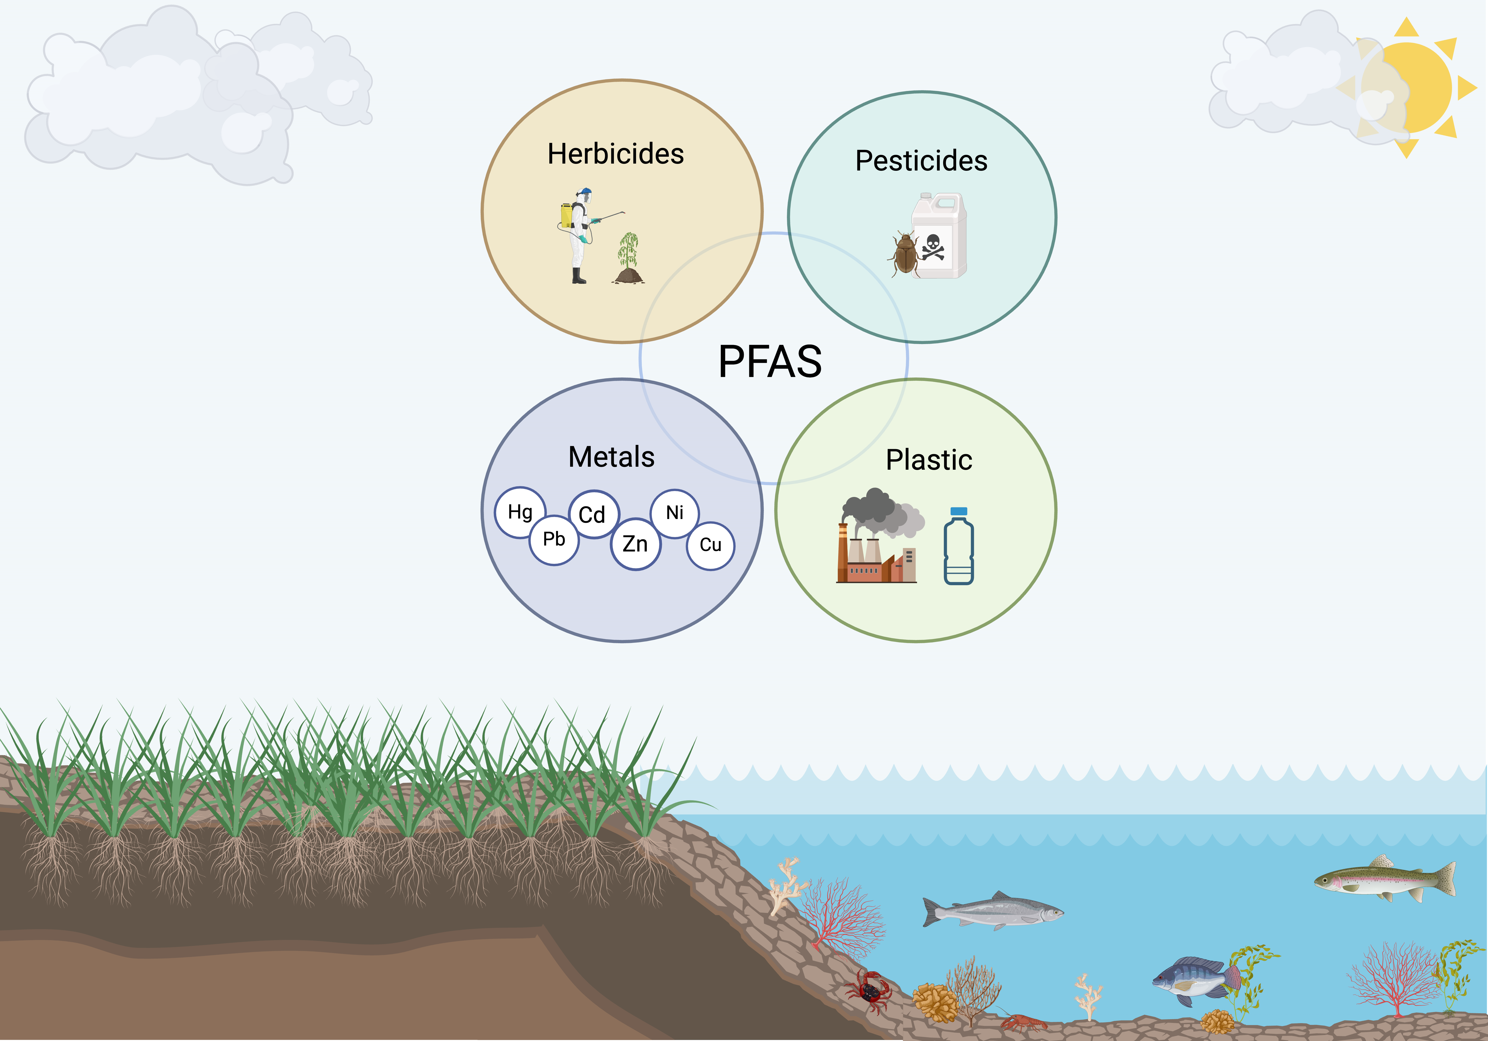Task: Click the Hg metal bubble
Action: (x=520, y=512)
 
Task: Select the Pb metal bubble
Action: (x=554, y=540)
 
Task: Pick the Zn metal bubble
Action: (x=635, y=544)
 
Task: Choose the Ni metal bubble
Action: (x=675, y=513)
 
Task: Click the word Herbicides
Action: (x=616, y=154)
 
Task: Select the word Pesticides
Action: (x=921, y=161)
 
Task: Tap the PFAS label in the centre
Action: (x=770, y=361)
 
